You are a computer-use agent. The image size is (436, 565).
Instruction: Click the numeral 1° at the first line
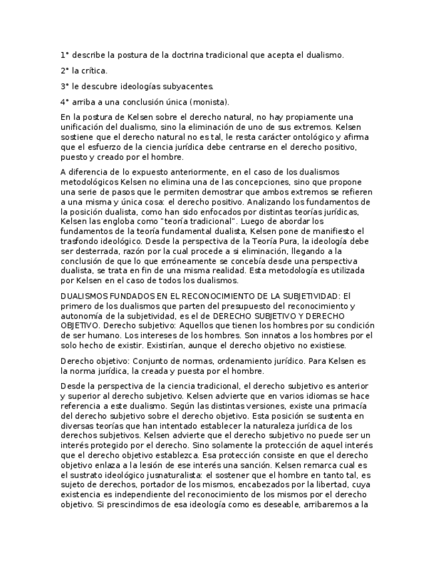coord(64,55)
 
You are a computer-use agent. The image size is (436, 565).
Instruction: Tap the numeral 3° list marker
coord(65,87)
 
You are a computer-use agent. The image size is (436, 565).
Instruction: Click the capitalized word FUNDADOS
coord(123,296)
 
